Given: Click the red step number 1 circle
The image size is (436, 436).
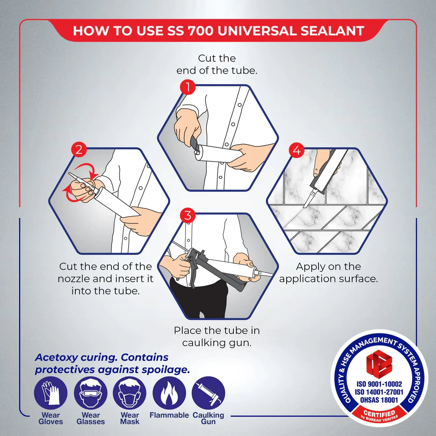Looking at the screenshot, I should pos(188,88).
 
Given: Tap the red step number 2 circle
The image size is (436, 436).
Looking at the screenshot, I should pos(79,150).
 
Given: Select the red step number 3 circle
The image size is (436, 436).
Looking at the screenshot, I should pos(188,215).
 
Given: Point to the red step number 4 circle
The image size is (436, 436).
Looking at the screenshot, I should pos(296,150).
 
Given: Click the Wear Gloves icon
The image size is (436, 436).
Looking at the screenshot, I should pos(51,393).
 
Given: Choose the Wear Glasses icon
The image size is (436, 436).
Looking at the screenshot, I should pos(90,393).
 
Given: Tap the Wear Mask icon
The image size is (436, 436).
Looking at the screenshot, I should pos(129,393).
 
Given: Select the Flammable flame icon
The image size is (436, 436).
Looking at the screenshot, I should pos(169,393).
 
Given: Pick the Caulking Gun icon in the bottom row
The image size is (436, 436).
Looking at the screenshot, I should pos(208,393).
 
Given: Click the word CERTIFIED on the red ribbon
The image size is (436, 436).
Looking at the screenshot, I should pos(379,413).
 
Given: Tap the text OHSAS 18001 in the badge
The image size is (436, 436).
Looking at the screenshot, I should pos(379,400).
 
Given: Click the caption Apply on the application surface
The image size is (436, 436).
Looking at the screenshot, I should pos(328,272).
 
